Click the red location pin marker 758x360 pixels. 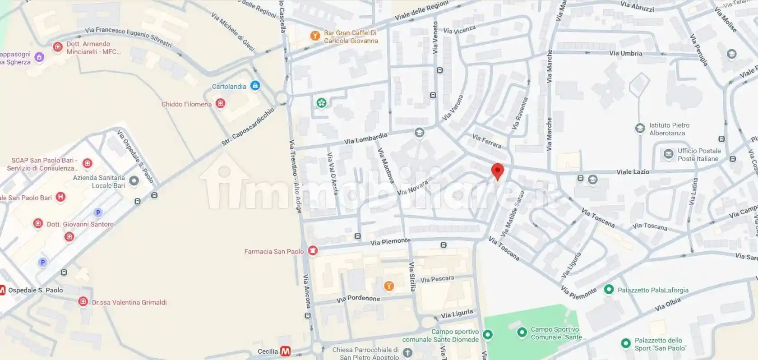[x=497, y=171]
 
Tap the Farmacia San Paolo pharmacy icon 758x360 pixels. [x=313, y=251]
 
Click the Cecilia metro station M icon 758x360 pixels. [x=285, y=351]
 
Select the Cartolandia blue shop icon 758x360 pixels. [x=255, y=85]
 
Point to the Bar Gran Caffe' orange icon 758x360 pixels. [x=315, y=36]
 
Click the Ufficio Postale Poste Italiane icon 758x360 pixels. [x=668, y=154]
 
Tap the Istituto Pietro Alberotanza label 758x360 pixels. [x=669, y=129]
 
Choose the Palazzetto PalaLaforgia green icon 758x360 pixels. [x=609, y=290]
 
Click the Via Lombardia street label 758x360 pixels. [x=365, y=138]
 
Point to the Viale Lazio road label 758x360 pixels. [x=633, y=172]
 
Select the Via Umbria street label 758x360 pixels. [x=625, y=53]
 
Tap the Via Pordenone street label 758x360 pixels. [x=358, y=299]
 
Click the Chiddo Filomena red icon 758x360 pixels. [x=221, y=103]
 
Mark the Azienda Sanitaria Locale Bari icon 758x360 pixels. [x=134, y=181]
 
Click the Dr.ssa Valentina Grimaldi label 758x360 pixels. [x=129, y=302]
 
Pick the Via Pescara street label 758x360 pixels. [x=437, y=279]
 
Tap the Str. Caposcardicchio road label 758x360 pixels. [x=248, y=127]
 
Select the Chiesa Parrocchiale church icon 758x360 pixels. [x=407, y=353]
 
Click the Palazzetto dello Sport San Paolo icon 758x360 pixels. [x=625, y=344]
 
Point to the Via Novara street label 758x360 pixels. [x=412, y=188]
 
